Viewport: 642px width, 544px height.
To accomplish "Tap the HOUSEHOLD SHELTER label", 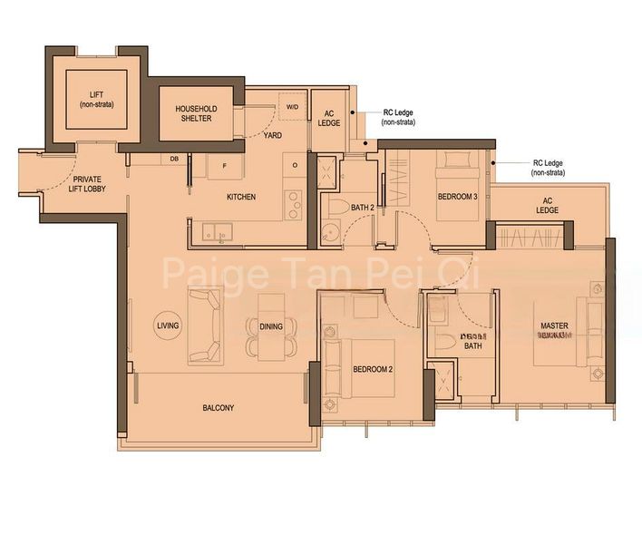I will pos(193,113).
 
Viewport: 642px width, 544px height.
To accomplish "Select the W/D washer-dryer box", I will pos(292,107).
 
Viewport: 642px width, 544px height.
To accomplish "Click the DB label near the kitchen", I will pos(174,160).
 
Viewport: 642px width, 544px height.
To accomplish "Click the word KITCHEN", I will pos(241,197).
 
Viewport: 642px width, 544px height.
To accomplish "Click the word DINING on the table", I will pos(270,326).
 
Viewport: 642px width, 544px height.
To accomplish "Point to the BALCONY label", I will pos(219,408).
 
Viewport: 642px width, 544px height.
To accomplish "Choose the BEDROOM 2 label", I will pos(372,369).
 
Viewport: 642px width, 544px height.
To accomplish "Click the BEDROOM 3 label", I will pos(457,197).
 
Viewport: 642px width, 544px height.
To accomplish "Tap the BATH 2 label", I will pos(362,208).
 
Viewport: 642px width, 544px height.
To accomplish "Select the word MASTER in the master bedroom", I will pos(554,325).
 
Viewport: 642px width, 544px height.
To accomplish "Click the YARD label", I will pos(272,136).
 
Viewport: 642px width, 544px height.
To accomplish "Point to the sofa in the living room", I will pos(204,325).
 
